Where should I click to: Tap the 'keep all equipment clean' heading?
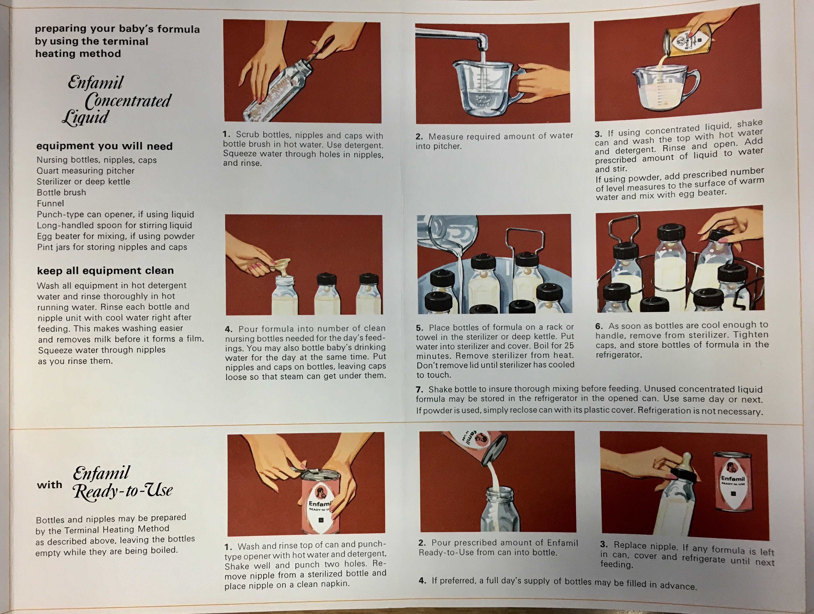pyautogui.click(x=105, y=271)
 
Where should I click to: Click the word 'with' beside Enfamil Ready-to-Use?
pyautogui.click(x=49, y=485)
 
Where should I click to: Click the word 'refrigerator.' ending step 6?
pyautogui.click(x=619, y=355)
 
